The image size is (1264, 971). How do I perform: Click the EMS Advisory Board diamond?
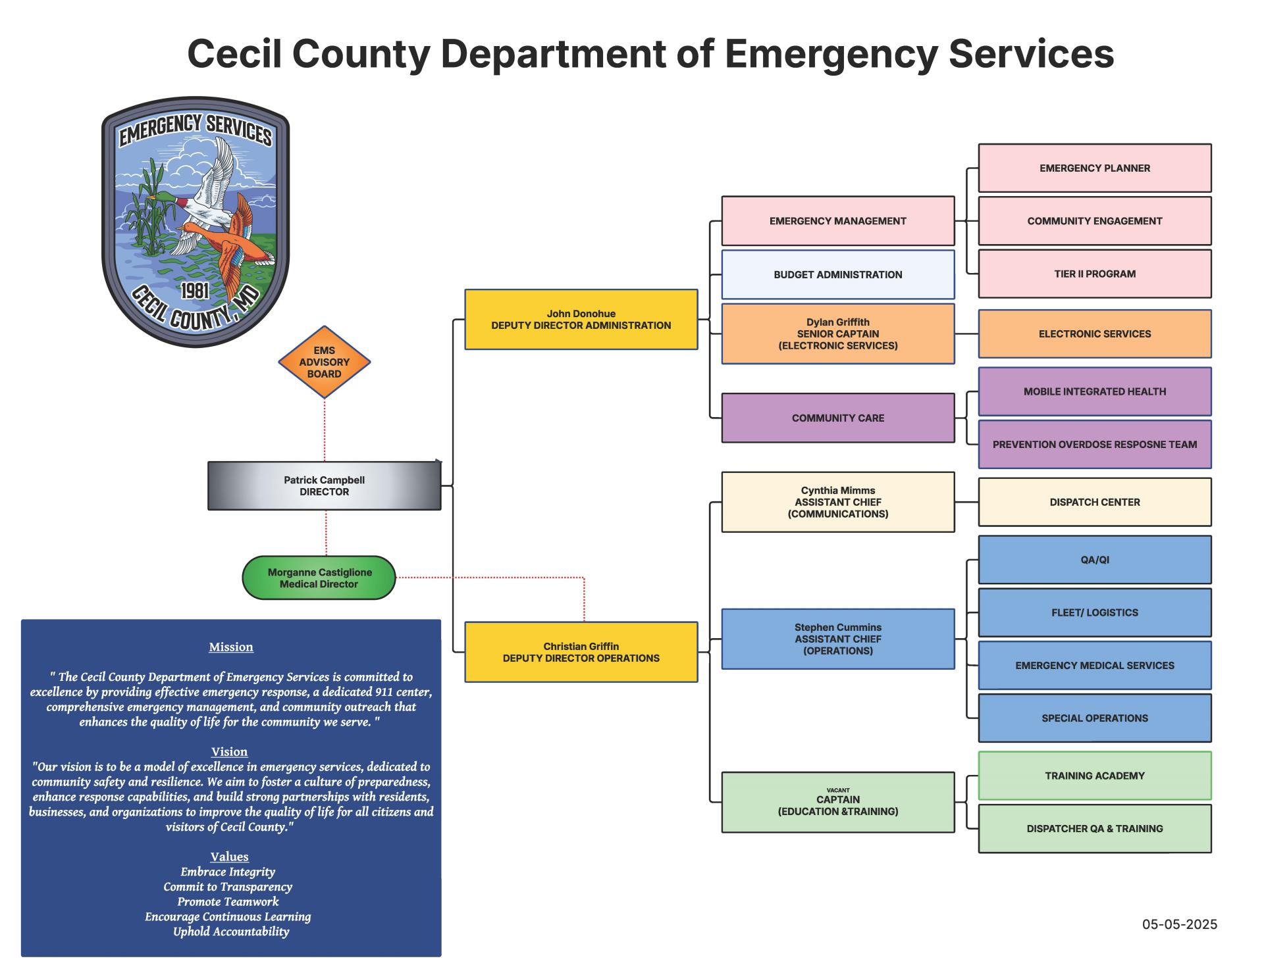324,362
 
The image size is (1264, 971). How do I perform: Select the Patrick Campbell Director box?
324,486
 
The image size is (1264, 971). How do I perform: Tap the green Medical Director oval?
319,578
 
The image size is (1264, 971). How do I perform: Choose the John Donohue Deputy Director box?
581,319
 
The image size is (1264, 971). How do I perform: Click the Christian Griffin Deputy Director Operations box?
581,652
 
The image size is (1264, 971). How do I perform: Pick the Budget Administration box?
837,274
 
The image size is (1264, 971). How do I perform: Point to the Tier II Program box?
1094,274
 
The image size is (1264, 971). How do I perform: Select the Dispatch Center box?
1094,502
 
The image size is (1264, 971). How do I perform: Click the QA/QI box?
1094,560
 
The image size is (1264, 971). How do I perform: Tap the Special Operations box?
1094,718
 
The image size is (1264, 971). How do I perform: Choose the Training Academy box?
1094,776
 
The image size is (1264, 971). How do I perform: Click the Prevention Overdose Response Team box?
1094,444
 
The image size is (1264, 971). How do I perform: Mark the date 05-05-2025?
1179,924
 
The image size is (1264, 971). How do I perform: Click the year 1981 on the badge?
195,291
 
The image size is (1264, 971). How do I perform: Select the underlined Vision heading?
229,751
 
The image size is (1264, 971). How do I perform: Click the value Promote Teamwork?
228,901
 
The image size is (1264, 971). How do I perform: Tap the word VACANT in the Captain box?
837,790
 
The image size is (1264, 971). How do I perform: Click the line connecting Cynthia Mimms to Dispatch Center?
966,502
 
